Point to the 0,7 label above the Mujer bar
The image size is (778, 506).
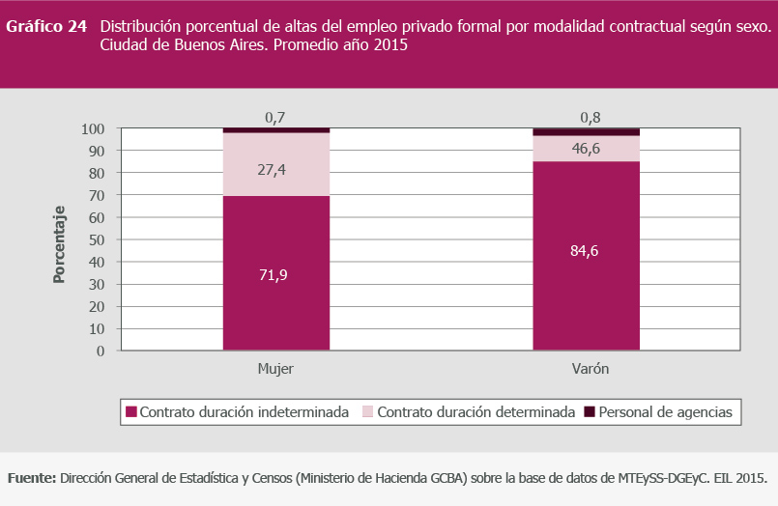click(275, 118)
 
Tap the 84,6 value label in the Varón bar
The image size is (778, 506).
click(586, 252)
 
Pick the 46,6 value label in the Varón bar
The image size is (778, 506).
click(586, 148)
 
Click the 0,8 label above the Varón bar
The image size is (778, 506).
click(586, 118)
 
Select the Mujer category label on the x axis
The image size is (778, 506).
click(275, 370)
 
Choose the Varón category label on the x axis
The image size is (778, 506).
click(586, 370)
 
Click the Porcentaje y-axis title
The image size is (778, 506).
click(60, 243)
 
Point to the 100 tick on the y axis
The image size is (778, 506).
click(93, 128)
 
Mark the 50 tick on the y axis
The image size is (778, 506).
click(97, 239)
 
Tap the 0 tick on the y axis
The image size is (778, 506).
click(101, 351)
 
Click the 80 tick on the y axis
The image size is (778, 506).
click(97, 173)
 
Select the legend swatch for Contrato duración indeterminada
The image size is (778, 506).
click(131, 412)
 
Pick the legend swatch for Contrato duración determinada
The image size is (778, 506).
click(368, 412)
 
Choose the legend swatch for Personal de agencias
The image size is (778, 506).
click(591, 412)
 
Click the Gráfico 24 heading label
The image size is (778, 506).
click(46, 27)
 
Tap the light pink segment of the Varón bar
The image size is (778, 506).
click(586, 148)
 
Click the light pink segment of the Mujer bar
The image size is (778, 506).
click(275, 164)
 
